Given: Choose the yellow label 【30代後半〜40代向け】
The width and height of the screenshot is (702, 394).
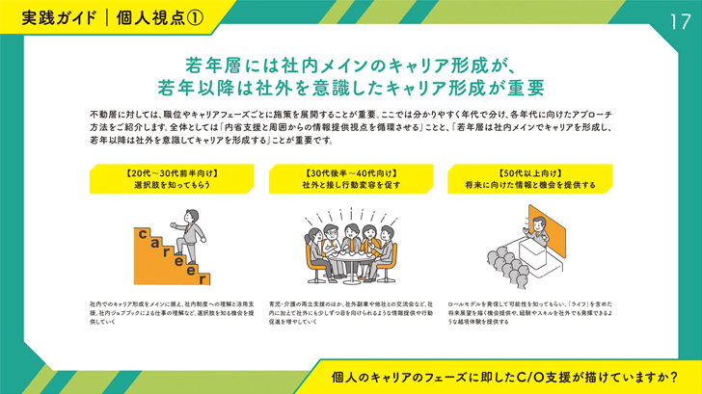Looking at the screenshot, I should [x=350, y=174].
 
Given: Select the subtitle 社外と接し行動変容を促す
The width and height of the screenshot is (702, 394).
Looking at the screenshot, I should [x=350, y=185].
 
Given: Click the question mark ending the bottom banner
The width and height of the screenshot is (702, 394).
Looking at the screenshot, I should [x=672, y=376].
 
